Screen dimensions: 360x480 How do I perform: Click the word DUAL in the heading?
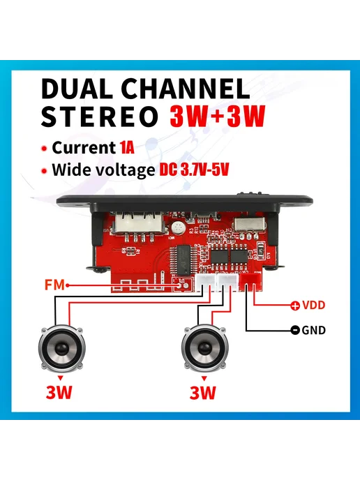pos(77,89)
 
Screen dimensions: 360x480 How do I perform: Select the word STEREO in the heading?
pos(99,117)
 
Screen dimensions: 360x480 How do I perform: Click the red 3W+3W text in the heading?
pos(218,117)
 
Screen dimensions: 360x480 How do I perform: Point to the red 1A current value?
pos(128,147)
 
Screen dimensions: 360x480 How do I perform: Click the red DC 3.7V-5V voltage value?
pos(194,170)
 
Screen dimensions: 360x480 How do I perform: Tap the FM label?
pos(54,285)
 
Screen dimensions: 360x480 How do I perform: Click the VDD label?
pos(313,305)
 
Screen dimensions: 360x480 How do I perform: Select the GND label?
pos(313,330)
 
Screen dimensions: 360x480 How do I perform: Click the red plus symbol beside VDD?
pos(295,305)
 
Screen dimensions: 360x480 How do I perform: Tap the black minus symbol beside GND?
pos(295,330)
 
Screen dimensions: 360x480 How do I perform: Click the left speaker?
pos(62,349)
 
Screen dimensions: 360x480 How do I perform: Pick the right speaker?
pos(204,349)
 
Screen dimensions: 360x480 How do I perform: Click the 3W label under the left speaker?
pos(59,392)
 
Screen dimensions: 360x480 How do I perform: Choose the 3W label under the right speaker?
pos(202,392)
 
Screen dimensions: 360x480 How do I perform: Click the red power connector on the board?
pos(250,281)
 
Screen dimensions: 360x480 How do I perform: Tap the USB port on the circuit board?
pos(140,224)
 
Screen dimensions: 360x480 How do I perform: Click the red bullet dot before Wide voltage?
pos(45,171)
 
